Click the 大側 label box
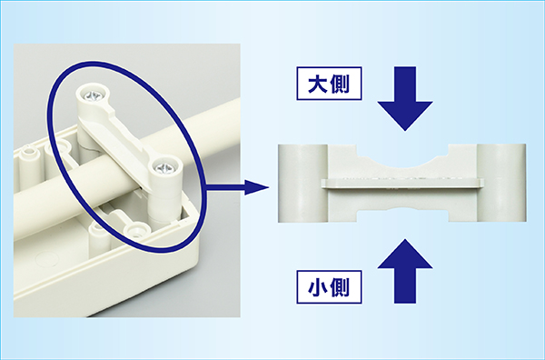(x=329, y=84)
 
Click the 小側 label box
(x=329, y=287)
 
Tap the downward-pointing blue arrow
(x=405, y=99)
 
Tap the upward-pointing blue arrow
(x=405, y=271)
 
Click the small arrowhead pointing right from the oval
(x=256, y=187)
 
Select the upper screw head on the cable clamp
(x=94, y=95)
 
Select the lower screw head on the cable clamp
(x=164, y=168)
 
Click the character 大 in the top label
(x=318, y=84)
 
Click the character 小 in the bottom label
(x=318, y=287)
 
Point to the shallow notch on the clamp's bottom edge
(x=403, y=211)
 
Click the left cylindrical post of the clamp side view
(x=303, y=183)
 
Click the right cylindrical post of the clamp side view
(x=501, y=183)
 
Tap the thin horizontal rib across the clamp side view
(x=402, y=184)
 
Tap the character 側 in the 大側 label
(x=340, y=84)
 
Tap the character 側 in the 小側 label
(x=340, y=287)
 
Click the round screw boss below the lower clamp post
(x=138, y=231)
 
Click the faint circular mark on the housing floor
(x=47, y=259)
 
